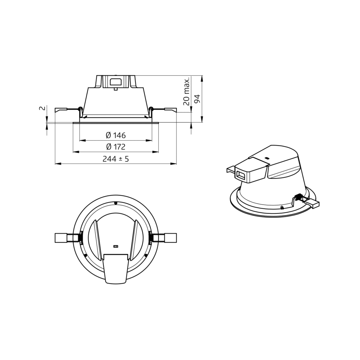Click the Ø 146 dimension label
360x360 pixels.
point(116,135)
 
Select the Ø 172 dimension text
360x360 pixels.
point(116,147)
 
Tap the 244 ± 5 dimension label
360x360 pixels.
point(116,159)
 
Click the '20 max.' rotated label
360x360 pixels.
point(186,91)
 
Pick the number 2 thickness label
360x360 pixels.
point(42,108)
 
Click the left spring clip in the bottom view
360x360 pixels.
point(68,238)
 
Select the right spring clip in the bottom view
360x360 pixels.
point(163,238)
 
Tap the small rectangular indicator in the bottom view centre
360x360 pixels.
point(116,247)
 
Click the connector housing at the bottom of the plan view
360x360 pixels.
point(116,269)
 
